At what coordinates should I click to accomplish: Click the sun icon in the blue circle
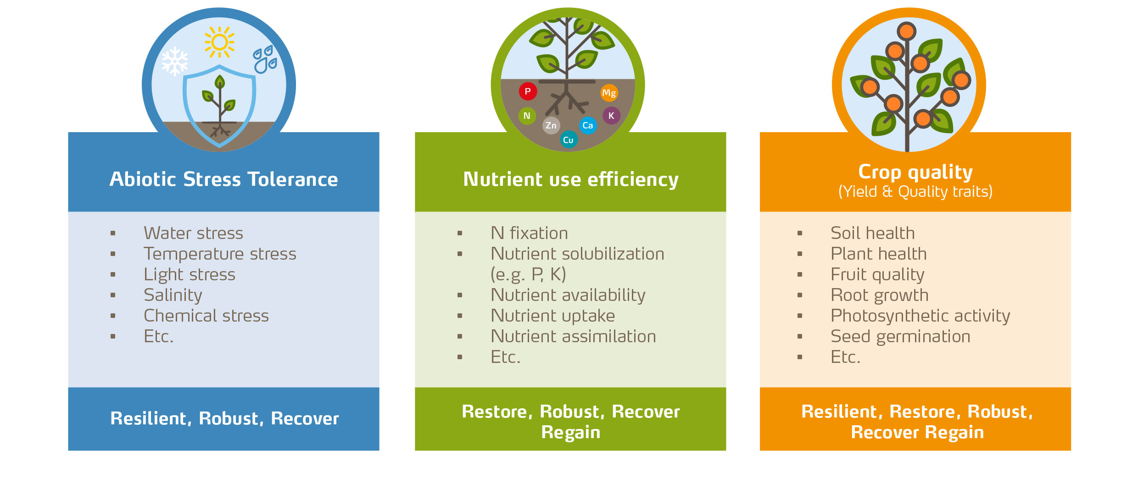(x=219, y=42)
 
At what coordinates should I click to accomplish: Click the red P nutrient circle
(x=528, y=91)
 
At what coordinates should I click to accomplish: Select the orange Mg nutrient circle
(x=609, y=93)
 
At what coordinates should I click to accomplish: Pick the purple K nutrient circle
(x=611, y=116)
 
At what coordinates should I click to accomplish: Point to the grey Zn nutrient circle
(x=551, y=125)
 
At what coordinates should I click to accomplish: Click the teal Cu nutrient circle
(x=568, y=140)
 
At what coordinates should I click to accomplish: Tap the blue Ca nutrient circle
(x=588, y=125)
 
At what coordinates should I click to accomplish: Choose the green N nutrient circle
(x=527, y=116)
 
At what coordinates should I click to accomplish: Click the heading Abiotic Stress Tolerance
(x=223, y=179)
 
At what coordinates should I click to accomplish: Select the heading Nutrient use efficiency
(x=570, y=179)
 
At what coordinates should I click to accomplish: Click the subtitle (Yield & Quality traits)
(x=915, y=191)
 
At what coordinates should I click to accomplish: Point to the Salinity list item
(x=173, y=295)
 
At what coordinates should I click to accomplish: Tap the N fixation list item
(x=529, y=233)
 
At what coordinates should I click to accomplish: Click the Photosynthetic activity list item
(x=920, y=316)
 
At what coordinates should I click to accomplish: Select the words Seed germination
(x=900, y=336)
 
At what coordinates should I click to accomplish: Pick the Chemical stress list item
(x=206, y=316)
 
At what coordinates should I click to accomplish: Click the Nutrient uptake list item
(x=552, y=316)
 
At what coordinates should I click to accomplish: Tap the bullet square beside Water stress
(x=113, y=234)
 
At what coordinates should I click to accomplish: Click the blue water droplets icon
(x=265, y=60)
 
